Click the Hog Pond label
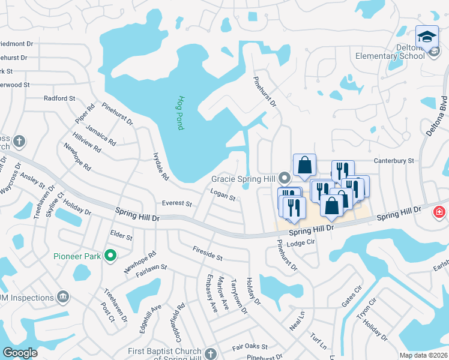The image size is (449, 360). point(180,113)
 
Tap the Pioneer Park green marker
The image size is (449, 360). point(110,256)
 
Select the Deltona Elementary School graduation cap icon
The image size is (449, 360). point(427,37)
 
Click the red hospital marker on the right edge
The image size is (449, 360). point(440,212)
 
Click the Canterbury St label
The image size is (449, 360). point(394,161)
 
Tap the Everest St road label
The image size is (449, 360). point(177,203)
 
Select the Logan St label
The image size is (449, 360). point(223,194)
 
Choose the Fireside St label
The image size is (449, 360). point(208,253)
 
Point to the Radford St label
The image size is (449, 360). point(59,98)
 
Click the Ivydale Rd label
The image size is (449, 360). point(161,166)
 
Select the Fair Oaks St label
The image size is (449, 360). point(250,347)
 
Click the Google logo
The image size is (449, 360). point(20,353)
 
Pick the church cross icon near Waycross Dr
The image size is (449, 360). point(19,142)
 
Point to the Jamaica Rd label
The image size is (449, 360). point(100,134)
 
